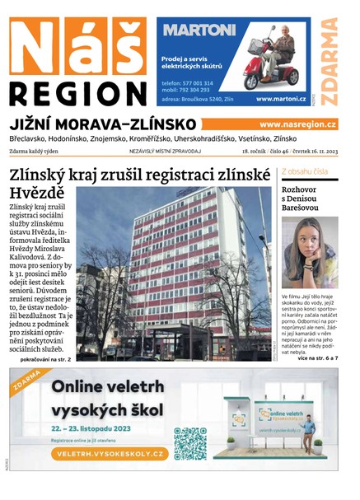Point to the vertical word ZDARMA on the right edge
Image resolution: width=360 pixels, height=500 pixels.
point(330,61)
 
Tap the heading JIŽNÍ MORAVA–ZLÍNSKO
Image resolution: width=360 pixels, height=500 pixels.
point(101,124)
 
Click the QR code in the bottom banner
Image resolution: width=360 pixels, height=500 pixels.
point(190,443)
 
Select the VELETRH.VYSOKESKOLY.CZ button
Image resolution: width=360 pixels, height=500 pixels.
point(109,454)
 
